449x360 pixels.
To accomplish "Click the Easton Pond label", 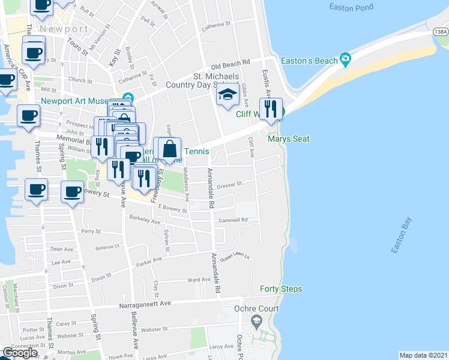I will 351,7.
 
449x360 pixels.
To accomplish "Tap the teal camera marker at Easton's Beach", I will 345,59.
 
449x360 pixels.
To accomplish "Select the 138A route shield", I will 440,31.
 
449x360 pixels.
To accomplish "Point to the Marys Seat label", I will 288,139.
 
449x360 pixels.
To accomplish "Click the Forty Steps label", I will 280,289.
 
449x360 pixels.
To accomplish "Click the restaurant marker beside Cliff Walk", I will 270,109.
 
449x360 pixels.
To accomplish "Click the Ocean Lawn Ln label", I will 235,258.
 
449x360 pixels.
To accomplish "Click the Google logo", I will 20,353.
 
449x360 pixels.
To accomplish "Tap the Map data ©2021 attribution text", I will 423,355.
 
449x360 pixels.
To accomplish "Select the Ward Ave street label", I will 199,280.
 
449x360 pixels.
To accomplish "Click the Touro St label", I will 77,44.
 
